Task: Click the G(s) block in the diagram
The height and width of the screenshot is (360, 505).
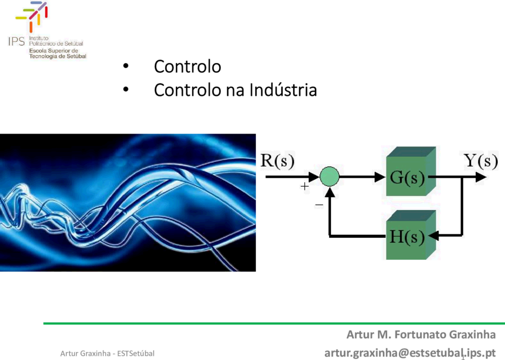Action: (411, 171)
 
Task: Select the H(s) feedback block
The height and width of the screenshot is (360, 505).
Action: (411, 235)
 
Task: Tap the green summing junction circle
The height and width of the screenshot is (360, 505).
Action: (329, 176)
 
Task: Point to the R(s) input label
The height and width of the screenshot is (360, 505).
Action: (277, 161)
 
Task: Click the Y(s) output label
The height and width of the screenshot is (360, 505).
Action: (481, 161)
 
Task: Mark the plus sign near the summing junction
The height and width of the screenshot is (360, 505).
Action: (304, 186)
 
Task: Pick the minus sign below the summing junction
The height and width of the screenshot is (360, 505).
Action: (319, 205)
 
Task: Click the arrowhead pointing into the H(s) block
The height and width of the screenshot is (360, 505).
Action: (433, 235)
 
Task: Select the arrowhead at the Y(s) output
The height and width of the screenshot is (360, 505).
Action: (481, 177)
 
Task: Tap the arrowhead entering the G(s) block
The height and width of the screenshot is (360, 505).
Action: (380, 177)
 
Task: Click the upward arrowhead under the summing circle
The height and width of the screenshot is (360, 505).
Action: (330, 192)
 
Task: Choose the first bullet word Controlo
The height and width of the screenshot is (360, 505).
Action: (188, 66)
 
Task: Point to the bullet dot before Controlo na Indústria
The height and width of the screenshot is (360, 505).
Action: (126, 90)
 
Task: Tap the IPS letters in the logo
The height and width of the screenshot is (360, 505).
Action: (16, 42)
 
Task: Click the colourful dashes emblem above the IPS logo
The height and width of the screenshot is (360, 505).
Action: (32, 16)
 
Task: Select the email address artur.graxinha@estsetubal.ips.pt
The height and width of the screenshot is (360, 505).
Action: (410, 353)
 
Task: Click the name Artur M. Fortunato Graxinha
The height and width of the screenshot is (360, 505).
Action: (421, 335)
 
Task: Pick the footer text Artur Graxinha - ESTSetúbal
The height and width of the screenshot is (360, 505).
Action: (107, 354)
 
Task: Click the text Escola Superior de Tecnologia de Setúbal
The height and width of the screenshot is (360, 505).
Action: (57, 54)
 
